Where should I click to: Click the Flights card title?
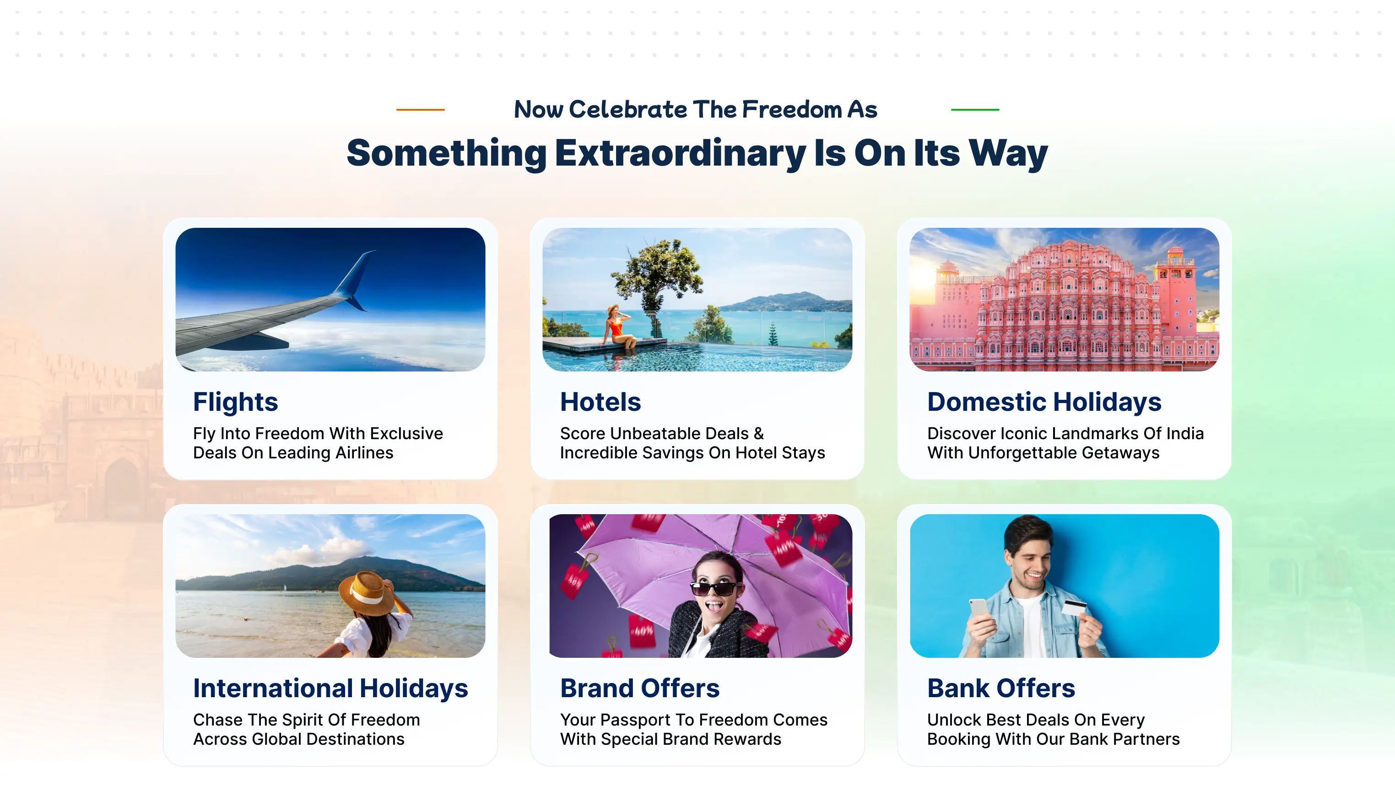236,402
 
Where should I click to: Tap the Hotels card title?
600,402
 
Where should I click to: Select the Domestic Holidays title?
1044,402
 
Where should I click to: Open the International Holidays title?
330,688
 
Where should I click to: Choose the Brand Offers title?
639,688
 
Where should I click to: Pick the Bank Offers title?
1001,688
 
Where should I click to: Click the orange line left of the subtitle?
420,109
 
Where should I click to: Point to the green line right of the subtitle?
975,109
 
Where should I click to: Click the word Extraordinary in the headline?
680,153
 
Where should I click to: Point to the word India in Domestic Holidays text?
1184,434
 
